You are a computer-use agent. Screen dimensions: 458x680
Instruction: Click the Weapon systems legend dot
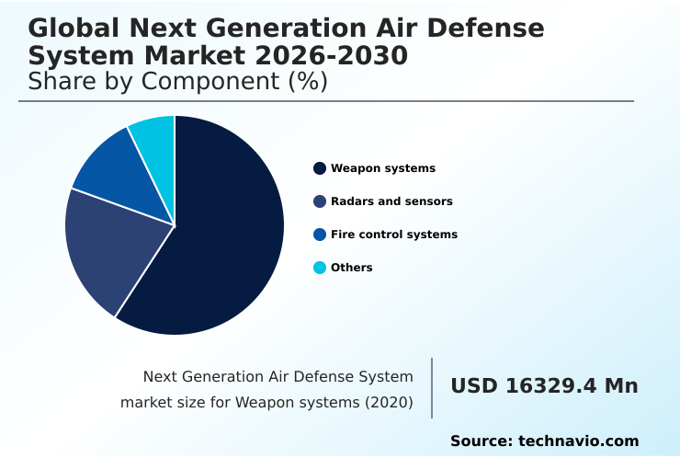[x=320, y=168]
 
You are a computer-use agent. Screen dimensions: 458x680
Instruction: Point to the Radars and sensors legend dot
[x=320, y=201]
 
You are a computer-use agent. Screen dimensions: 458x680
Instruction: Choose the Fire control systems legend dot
[x=320, y=235]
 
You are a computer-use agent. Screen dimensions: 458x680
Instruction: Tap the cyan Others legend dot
[x=320, y=268]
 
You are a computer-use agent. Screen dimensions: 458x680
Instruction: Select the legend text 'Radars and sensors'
[x=391, y=201]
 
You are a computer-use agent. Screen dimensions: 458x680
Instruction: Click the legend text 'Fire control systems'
[x=393, y=235]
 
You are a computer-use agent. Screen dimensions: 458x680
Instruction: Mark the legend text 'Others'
[x=352, y=268]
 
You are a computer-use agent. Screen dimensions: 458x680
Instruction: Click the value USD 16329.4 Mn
[x=544, y=386]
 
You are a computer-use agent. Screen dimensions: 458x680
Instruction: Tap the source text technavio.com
[x=578, y=441]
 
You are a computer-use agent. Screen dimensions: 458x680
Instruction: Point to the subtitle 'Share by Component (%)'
[x=177, y=82]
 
